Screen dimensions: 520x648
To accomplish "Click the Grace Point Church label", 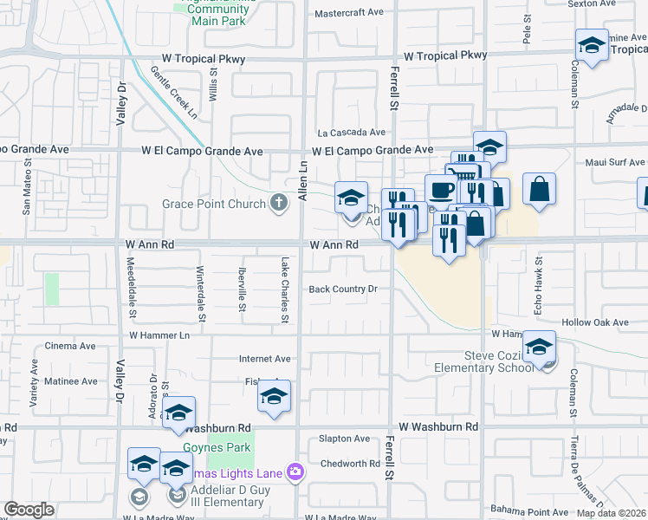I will tap(216, 205).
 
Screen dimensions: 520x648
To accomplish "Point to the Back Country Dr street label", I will tap(344, 289).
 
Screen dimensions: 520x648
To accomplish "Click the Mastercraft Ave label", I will tap(348, 13).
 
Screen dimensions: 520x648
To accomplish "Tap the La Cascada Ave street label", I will tap(351, 133).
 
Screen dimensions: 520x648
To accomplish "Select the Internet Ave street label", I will tap(265, 359).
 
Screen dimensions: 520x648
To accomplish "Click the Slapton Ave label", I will tap(344, 439).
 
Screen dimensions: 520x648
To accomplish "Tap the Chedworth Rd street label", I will tap(350, 464).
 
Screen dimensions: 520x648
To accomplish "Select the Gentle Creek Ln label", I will tap(174, 93).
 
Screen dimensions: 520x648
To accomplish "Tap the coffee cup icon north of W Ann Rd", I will tap(440, 190).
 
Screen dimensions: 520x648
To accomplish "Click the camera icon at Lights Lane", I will tap(295, 471).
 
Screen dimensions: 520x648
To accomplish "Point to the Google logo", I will tap(29, 510).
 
